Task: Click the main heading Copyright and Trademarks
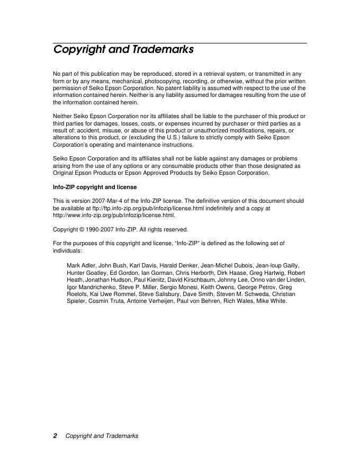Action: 123,50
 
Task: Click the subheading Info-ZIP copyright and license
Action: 95,187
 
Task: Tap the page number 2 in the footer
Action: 55,436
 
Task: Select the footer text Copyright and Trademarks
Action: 102,436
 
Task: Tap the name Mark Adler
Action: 81,265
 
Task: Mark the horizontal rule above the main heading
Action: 180,43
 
